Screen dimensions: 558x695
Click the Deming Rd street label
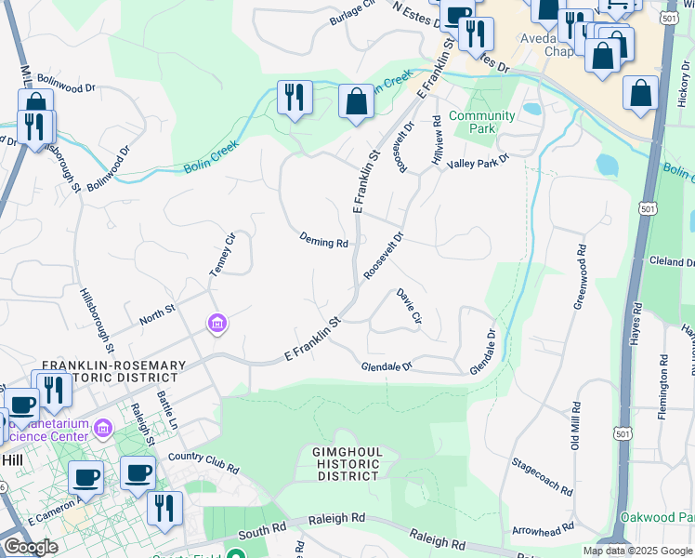[x=323, y=240]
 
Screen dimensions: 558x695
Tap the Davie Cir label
[x=409, y=306]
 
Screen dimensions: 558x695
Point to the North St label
[x=157, y=312]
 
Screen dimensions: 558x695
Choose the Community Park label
[x=481, y=122]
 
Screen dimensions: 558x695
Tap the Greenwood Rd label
[x=582, y=276]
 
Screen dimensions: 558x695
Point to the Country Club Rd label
[x=203, y=458]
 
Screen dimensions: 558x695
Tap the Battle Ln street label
[x=172, y=410]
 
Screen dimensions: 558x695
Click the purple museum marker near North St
[x=216, y=324]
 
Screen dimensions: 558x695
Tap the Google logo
[x=30, y=547]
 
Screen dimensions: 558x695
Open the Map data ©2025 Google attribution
[x=637, y=551]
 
